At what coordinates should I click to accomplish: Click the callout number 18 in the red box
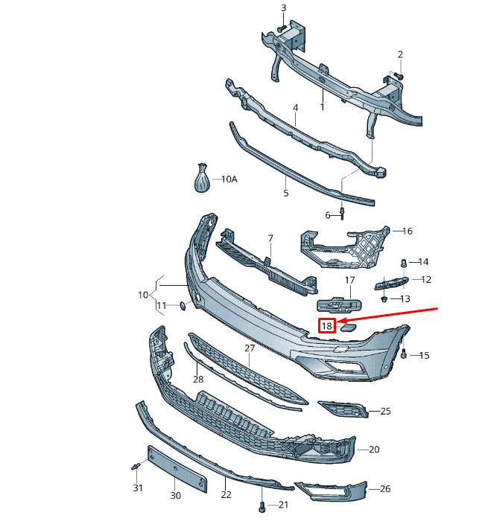tap(327, 326)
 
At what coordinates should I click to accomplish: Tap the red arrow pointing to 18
tap(388, 315)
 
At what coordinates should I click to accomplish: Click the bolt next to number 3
tap(282, 28)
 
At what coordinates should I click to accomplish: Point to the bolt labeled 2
tap(399, 76)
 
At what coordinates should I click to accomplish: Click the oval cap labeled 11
tap(183, 305)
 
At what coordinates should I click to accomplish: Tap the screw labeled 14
tap(404, 263)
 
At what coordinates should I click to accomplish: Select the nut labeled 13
tap(384, 299)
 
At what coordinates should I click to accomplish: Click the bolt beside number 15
tap(404, 354)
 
